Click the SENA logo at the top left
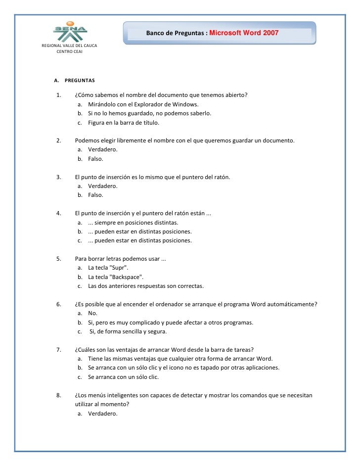tap(70, 31)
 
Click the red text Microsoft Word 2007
tap(244, 33)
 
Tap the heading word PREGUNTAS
tap(80, 80)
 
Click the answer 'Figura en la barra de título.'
tap(124, 123)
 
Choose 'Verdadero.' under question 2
tap(103, 150)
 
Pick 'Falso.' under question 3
tap(95, 195)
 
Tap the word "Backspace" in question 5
tap(129, 277)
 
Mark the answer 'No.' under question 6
tap(92, 314)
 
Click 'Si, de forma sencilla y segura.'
tap(128, 331)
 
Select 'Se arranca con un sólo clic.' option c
tap(127, 377)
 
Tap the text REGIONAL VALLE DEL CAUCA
tap(69, 46)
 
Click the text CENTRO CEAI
tap(70, 51)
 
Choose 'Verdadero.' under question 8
tap(103, 414)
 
